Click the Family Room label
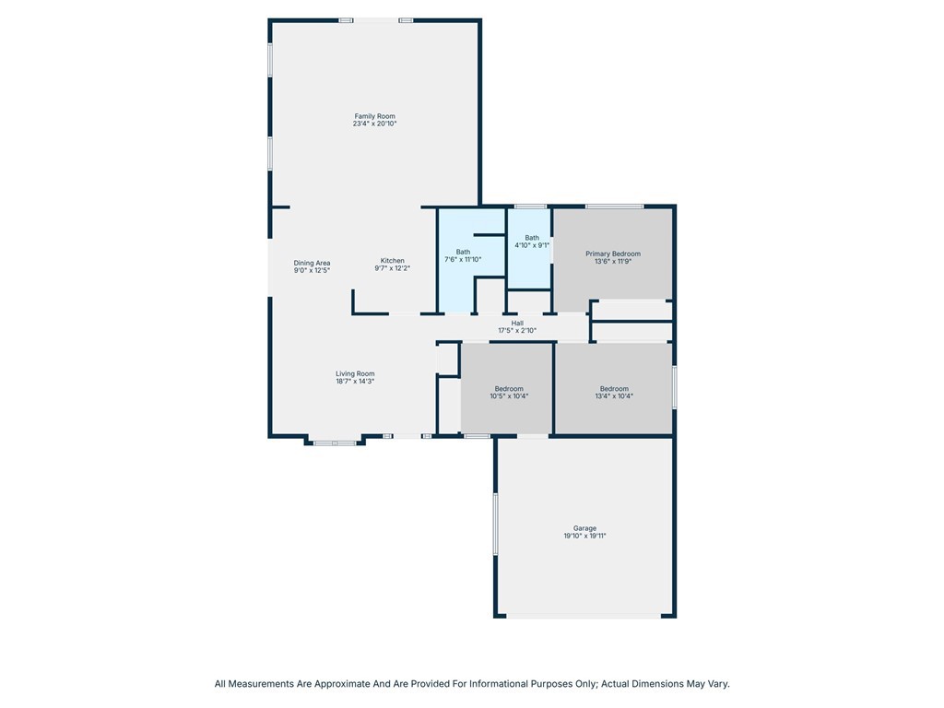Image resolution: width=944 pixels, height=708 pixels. pos(374,116)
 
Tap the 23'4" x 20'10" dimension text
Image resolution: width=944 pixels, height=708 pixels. pos(374,124)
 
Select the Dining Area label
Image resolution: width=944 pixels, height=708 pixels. pos(312,263)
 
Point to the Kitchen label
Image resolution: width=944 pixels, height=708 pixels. pos(393,261)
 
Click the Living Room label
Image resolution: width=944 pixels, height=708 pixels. pos(355,374)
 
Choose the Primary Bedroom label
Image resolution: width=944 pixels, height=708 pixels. pos(613,254)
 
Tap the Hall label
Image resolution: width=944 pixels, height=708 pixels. pos(517,324)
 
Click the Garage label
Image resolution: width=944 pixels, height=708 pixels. pos(584,528)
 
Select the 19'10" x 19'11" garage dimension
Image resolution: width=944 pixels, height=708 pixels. pos(584,536)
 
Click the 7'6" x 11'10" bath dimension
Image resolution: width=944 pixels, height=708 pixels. pos(463,259)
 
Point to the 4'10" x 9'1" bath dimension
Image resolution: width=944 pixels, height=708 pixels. pos(532,245)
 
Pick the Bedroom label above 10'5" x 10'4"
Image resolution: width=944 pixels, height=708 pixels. pos(509,389)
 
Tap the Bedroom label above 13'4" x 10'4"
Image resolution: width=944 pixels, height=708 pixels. pos(614,389)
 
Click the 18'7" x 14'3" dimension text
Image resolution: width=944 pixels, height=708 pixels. pos(355,381)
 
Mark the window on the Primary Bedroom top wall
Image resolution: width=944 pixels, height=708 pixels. pos(614,206)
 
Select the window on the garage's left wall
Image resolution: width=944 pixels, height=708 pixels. pos(495,524)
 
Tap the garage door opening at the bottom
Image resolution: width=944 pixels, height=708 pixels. pos(584,616)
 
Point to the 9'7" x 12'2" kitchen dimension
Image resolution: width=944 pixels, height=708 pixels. pos(393,268)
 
